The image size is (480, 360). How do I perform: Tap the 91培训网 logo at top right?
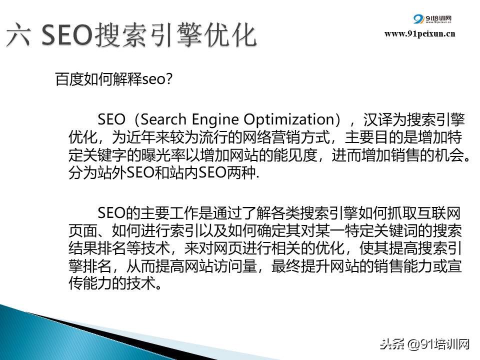point(432,19)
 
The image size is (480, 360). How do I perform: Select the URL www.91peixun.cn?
point(419,33)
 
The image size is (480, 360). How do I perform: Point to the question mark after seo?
point(168,79)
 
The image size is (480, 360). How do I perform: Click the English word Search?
point(163,119)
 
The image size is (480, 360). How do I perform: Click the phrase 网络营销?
point(271,137)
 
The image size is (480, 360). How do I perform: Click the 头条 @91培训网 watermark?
point(424,344)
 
